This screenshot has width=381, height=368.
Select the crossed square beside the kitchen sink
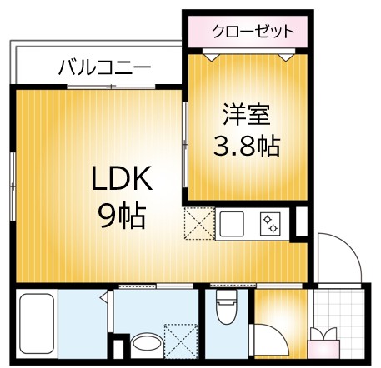pos(199,224)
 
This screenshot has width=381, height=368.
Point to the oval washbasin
pos(146,344)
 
